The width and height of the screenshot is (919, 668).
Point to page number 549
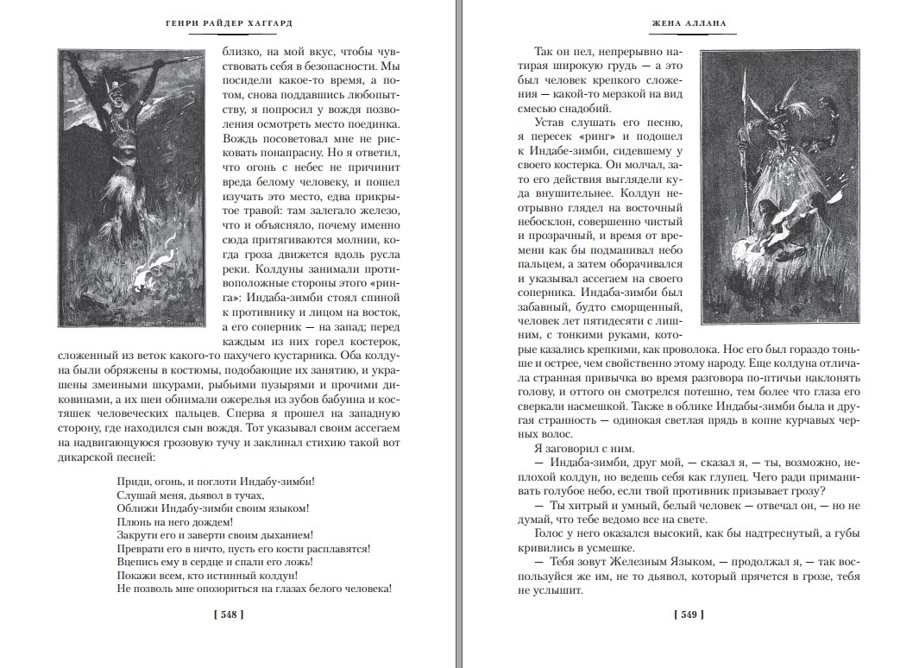pyautogui.click(x=688, y=614)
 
